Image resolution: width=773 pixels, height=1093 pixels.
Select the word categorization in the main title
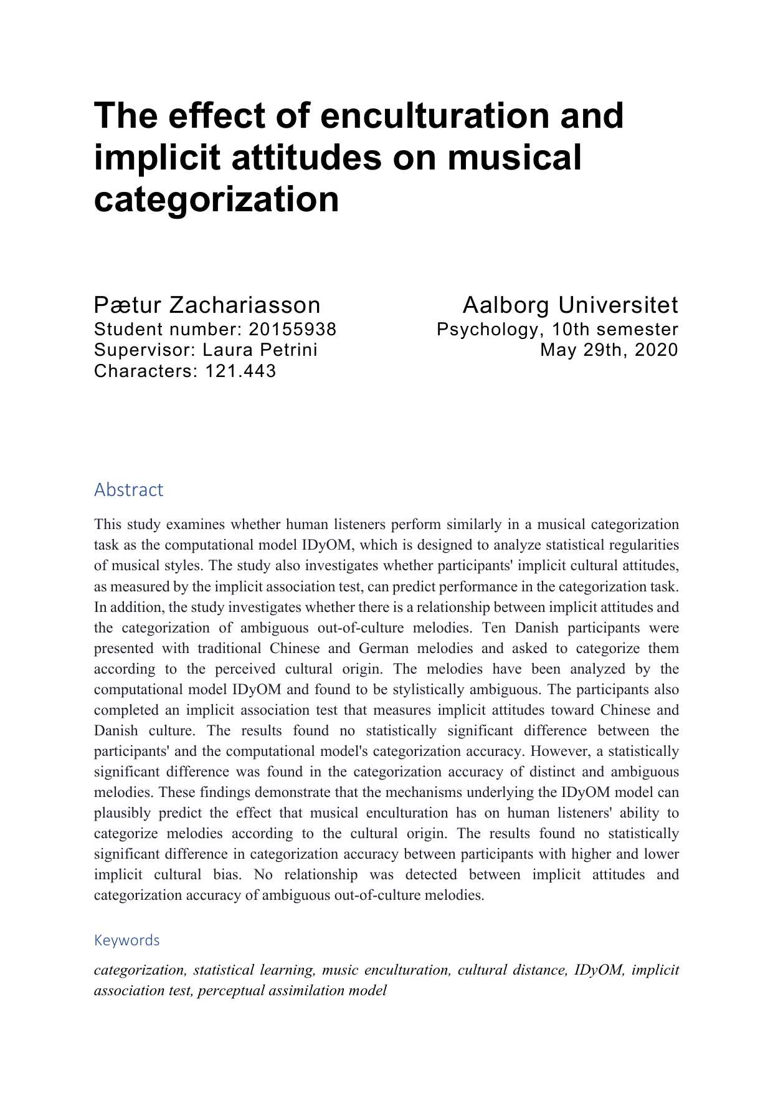coord(216,199)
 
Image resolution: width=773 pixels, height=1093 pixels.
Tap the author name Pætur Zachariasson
coord(207,305)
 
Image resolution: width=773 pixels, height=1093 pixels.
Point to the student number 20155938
coord(293,329)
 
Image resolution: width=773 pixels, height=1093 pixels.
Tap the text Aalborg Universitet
coord(570,305)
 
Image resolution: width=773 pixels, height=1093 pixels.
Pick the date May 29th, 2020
coord(609,350)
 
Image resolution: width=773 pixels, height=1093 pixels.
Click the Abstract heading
coord(128,490)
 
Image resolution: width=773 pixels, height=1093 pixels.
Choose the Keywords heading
coord(126,940)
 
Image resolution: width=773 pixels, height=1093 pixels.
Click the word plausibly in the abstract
coord(123,813)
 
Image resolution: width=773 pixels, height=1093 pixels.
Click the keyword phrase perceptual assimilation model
coord(292,990)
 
